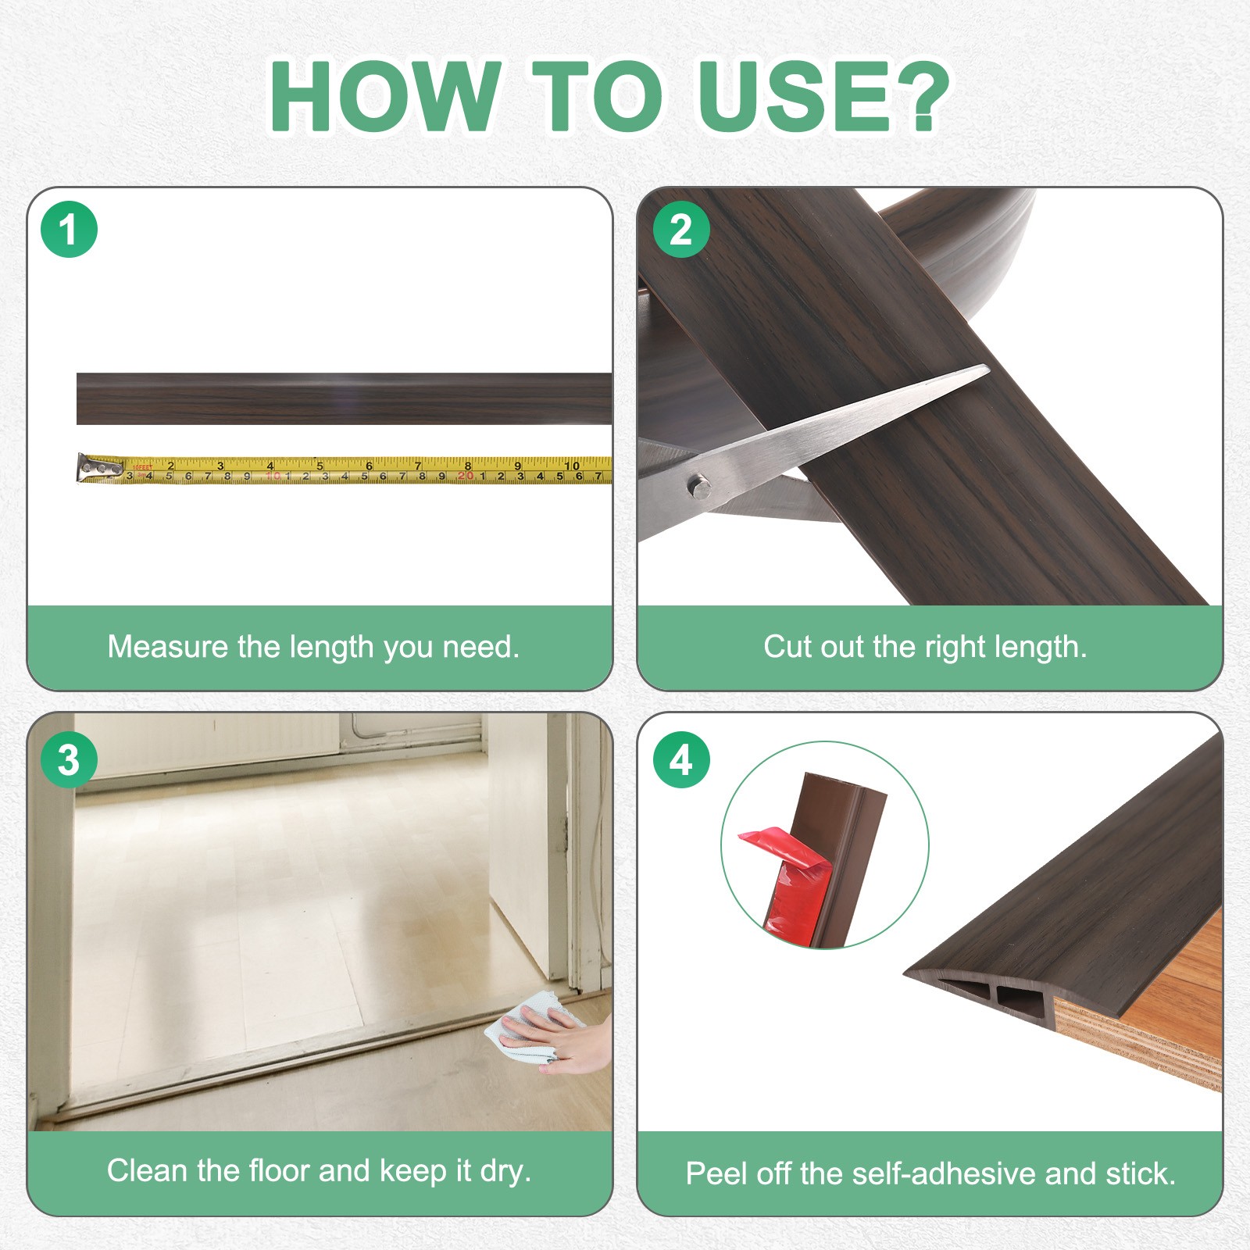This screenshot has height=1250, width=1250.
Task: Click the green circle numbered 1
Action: coord(69,230)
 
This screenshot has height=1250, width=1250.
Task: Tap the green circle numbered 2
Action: coord(681,230)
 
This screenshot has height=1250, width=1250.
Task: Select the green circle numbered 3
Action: coord(69,759)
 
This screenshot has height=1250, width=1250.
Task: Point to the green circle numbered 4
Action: coord(681,759)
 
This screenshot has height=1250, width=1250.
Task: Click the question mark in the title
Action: coord(921,96)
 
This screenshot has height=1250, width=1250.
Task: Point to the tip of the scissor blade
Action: coord(989,367)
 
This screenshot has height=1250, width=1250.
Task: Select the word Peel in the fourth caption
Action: coord(712,1173)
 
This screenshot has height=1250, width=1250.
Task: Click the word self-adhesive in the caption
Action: coord(945,1173)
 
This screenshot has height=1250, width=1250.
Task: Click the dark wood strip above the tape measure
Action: coord(344,398)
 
